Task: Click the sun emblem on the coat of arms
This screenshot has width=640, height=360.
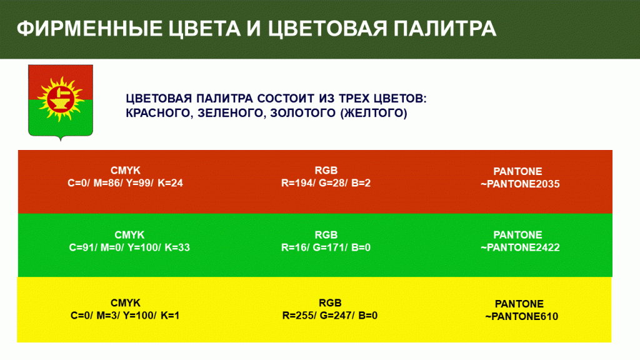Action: pos(61,98)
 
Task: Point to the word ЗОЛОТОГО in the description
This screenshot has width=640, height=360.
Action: pos(303,112)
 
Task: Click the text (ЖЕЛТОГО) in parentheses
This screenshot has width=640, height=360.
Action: pos(374,112)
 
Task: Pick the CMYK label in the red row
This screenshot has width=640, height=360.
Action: pos(125,171)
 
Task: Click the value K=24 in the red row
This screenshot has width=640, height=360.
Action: pos(170,183)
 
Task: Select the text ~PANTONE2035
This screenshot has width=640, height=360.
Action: pos(520,184)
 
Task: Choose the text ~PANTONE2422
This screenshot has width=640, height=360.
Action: pos(520,247)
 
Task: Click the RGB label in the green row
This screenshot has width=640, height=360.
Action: pos(326,235)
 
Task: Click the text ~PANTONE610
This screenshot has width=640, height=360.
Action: pos(522,316)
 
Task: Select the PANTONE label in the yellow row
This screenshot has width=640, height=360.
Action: pos(519,304)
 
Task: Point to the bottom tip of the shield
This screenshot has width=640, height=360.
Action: pos(61,141)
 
